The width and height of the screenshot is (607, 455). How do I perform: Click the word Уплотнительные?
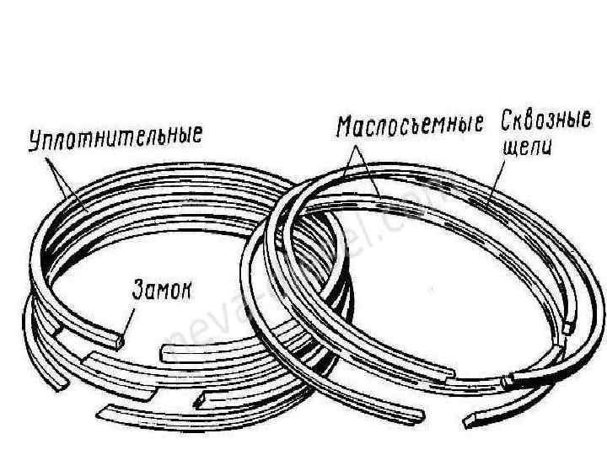pyautogui.click(x=115, y=137)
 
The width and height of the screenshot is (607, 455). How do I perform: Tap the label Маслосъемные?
pyautogui.click(x=409, y=127)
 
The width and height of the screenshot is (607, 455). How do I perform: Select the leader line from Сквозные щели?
pyautogui.click(x=498, y=176)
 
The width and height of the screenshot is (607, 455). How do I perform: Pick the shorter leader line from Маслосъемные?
pyautogui.click(x=352, y=161)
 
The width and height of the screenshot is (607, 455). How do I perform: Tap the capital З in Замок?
pyautogui.click(x=137, y=291)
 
